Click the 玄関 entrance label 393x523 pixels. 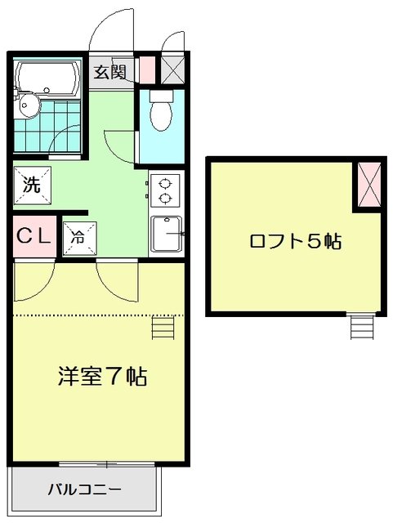(x=109, y=72)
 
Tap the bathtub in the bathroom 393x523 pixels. (x=48, y=78)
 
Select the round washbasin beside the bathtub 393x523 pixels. (x=29, y=105)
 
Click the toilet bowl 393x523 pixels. (x=162, y=115)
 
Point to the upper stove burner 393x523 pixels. (x=164, y=183)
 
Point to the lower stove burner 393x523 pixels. (x=164, y=199)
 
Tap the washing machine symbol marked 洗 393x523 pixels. (x=33, y=186)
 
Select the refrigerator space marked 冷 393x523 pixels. (x=80, y=239)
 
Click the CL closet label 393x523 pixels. (x=34, y=236)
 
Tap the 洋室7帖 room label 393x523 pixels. (x=102, y=376)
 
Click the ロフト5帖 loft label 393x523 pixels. (x=296, y=241)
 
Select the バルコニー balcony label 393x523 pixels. (x=84, y=490)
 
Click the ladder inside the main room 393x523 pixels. (x=163, y=328)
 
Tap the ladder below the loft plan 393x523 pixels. (x=362, y=326)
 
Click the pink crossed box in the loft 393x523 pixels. (x=369, y=185)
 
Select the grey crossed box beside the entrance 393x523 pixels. (x=173, y=69)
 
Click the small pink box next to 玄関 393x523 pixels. (x=147, y=70)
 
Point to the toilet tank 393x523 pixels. (x=162, y=96)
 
